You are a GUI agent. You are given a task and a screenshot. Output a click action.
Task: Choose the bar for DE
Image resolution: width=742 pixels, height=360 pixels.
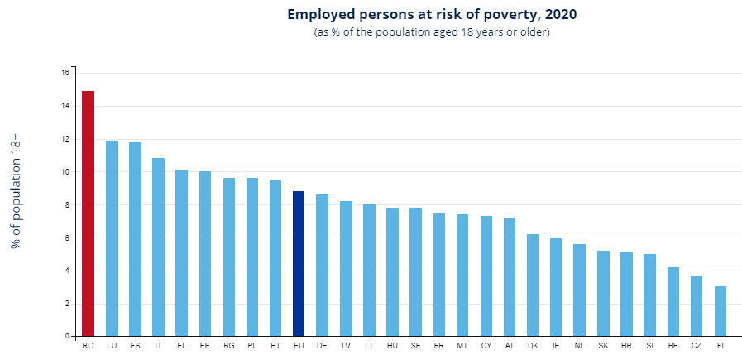(323, 265)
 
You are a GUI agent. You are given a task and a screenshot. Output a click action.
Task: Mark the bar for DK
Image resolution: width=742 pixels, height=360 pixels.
(533, 285)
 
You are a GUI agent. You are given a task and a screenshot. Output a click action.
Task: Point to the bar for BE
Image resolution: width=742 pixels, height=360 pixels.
(673, 301)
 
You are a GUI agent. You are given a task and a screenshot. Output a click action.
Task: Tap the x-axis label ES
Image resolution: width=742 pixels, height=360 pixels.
(135, 345)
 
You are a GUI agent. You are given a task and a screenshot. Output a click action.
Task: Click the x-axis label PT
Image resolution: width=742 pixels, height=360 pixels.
(275, 345)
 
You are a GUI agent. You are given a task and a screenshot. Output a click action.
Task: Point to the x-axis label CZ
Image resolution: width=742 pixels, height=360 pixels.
(697, 345)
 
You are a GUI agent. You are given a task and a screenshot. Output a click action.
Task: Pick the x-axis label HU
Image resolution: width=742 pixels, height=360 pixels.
(392, 345)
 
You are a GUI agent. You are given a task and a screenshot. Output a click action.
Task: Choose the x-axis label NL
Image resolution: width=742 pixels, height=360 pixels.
(579, 345)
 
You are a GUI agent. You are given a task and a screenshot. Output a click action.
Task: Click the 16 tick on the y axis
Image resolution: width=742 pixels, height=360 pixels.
(65, 73)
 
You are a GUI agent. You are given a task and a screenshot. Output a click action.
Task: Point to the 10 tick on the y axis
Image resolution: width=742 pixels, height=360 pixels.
(65, 172)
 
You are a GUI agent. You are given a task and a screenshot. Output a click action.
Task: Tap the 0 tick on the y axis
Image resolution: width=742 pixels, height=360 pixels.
(67, 337)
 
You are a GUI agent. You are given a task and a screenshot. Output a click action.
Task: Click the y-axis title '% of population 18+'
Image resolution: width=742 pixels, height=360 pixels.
(15, 191)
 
